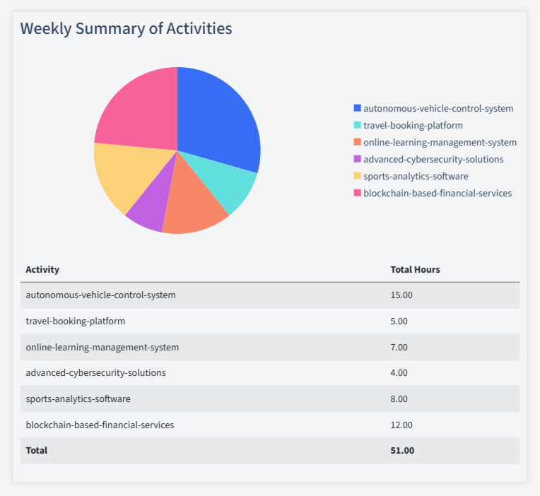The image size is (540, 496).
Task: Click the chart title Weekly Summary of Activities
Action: click(126, 29)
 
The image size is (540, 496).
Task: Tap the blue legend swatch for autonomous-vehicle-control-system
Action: click(357, 108)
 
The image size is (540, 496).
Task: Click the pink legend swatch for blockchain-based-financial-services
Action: click(357, 193)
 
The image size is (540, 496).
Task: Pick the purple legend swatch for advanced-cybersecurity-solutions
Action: click(357, 159)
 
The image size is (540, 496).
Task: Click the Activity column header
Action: click(42, 270)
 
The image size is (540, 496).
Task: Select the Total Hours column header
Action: click(415, 270)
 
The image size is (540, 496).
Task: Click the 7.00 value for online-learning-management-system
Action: click(399, 348)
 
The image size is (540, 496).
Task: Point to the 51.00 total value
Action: click(401, 450)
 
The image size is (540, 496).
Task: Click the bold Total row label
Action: click(37, 450)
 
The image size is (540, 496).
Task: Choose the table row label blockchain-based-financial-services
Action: click(100, 425)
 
